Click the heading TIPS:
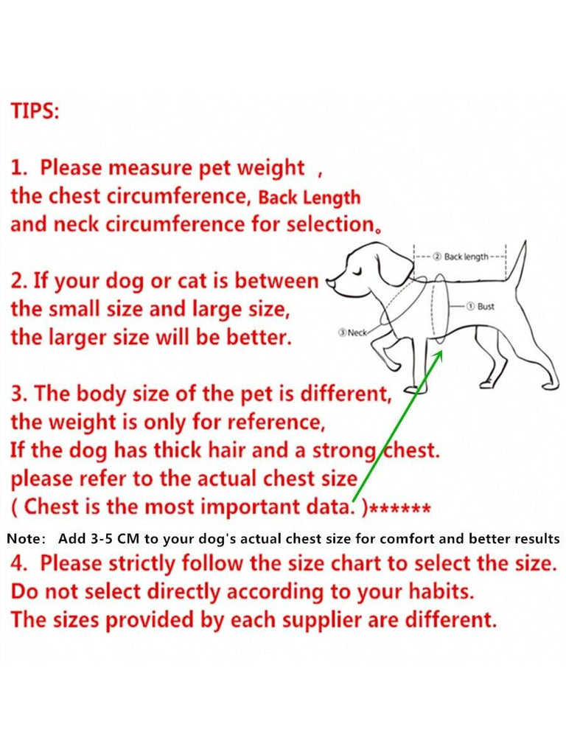35,111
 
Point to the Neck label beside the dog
353,333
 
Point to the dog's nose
329,282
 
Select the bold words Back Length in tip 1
310,198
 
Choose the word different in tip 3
346,394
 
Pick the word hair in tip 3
226,450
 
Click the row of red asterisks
401,509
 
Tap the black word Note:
27,538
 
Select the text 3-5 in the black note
101,538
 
